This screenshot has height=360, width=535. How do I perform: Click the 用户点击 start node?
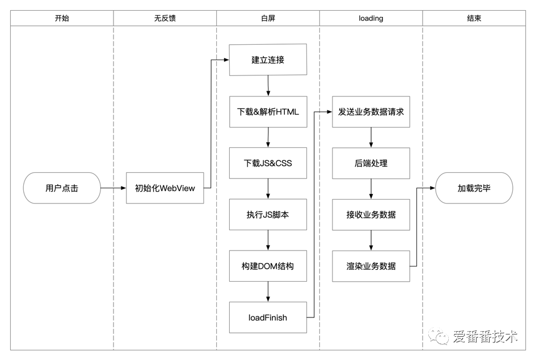(62, 188)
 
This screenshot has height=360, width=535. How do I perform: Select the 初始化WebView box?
(165, 188)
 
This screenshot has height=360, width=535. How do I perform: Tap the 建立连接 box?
(268, 60)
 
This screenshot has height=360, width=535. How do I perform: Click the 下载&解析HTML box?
(268, 111)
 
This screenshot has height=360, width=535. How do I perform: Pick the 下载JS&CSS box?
(268, 163)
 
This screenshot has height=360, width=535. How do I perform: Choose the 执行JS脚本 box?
(268, 214)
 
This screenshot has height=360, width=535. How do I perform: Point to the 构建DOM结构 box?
(268, 266)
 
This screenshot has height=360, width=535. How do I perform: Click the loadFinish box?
(268, 317)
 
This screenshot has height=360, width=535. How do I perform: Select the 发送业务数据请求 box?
(371, 111)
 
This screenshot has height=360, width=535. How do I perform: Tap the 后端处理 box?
(371, 163)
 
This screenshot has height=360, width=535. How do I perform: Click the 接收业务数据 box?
(371, 214)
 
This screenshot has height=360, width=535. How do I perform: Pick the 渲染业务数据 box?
(371, 266)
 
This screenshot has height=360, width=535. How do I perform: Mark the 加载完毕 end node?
(474, 188)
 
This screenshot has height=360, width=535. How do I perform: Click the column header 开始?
(62, 18)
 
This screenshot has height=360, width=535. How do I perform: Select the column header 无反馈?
(165, 18)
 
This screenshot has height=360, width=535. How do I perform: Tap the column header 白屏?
(268, 18)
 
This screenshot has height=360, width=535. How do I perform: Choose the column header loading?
(371, 18)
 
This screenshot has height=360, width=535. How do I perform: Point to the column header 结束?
(474, 18)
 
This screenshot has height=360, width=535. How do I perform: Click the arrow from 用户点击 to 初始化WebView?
(113, 188)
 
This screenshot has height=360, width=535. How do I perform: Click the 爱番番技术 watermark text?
(485, 337)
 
